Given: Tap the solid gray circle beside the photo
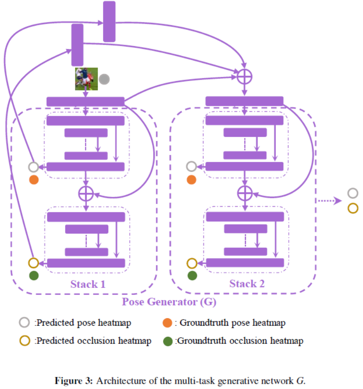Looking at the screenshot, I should click(104, 79).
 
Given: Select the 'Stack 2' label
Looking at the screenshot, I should click(247, 284).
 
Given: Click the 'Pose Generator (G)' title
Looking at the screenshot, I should click(169, 301).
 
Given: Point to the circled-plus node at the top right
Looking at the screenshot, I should click(244, 76).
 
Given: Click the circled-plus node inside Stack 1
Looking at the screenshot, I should click(86, 192).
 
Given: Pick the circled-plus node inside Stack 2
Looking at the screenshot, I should click(244, 192).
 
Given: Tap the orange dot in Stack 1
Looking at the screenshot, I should click(33, 179).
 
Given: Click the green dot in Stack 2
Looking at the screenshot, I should click(192, 276).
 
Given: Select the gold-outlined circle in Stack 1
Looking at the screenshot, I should click(33, 263).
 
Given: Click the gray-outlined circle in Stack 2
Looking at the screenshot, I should click(191, 166).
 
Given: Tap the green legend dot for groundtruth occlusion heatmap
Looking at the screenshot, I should click(167, 341).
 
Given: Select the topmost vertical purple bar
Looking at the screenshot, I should click(109, 21).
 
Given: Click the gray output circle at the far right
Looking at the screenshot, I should click(353, 193).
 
